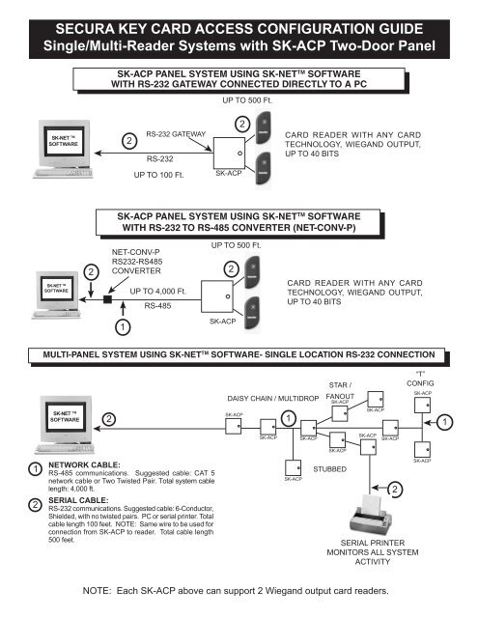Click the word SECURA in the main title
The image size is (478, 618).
coord(66,17)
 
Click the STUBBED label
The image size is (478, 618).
coord(332,467)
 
